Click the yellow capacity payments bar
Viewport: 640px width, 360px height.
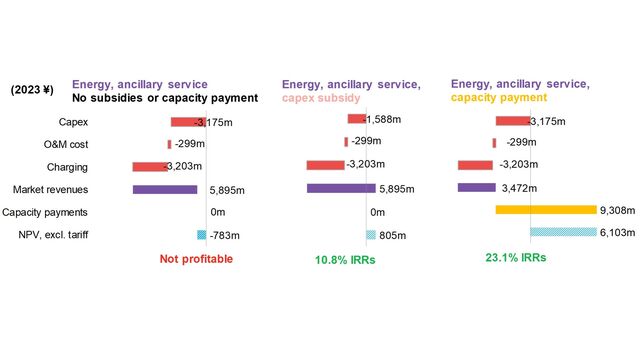pyautogui.click(x=546, y=210)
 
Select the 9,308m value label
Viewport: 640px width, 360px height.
pyautogui.click(x=618, y=211)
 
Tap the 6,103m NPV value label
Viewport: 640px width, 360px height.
pyautogui.click(x=618, y=234)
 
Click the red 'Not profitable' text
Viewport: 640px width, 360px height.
pyautogui.click(x=196, y=259)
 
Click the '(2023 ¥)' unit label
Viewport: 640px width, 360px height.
pyautogui.click(x=33, y=90)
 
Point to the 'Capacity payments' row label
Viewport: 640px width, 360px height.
pyautogui.click(x=59, y=212)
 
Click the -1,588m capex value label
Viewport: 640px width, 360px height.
pyautogui.click(x=381, y=119)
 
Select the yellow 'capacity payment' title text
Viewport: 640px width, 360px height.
pyautogui.click(x=499, y=98)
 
